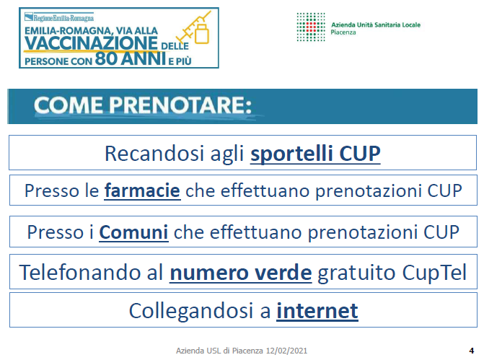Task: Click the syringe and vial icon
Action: (x=195, y=27)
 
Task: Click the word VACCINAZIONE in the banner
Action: (x=91, y=43)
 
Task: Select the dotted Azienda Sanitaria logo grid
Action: (x=311, y=27)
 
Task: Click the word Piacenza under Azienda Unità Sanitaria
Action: (x=343, y=32)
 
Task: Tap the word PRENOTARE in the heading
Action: (x=180, y=105)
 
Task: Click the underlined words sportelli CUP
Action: (x=315, y=154)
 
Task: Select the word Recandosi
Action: (x=154, y=154)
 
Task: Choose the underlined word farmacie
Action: (x=142, y=190)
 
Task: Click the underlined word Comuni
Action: (x=133, y=232)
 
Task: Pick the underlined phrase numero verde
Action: (x=241, y=273)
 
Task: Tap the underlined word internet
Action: (x=317, y=311)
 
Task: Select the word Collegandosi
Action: (x=191, y=311)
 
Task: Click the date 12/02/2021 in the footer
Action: (x=287, y=351)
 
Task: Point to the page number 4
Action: (x=471, y=351)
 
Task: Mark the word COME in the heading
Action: (x=69, y=105)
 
